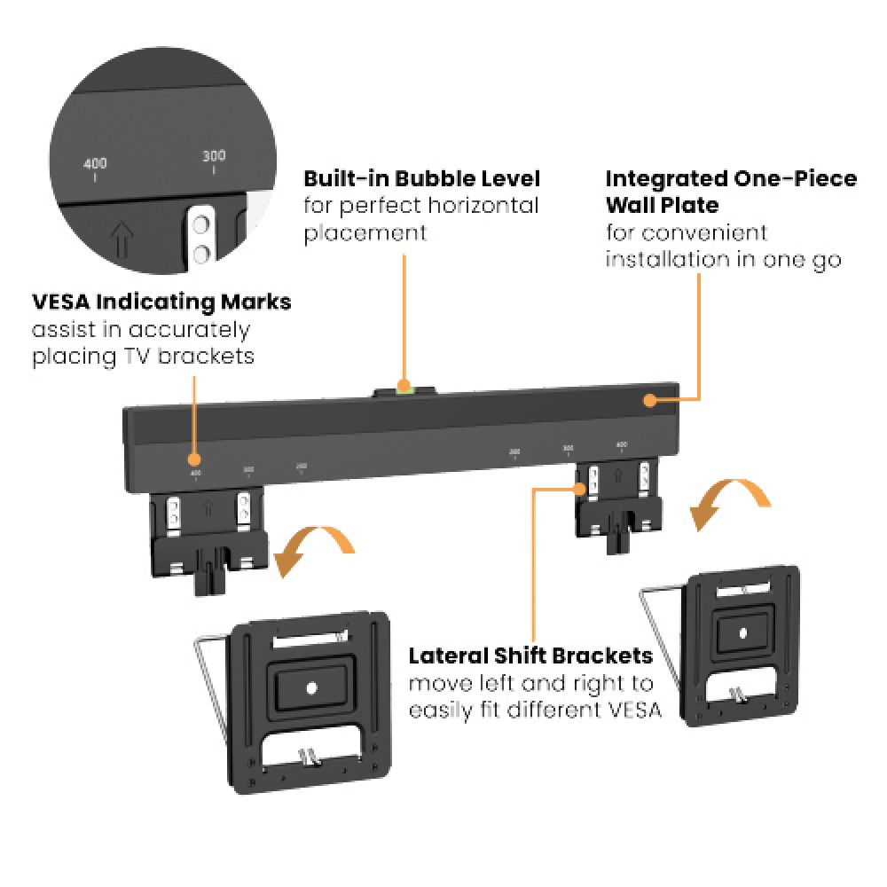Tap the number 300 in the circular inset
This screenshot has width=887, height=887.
214,155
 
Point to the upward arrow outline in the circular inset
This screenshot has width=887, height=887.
122,237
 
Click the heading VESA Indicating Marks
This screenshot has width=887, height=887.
161,302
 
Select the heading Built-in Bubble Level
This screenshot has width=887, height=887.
421,178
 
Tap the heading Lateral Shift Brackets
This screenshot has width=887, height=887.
530,656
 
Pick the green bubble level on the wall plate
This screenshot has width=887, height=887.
405,387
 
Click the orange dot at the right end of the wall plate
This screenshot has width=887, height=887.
650,400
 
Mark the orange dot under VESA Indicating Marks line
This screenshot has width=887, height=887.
194,459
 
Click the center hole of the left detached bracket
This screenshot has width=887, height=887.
310,687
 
